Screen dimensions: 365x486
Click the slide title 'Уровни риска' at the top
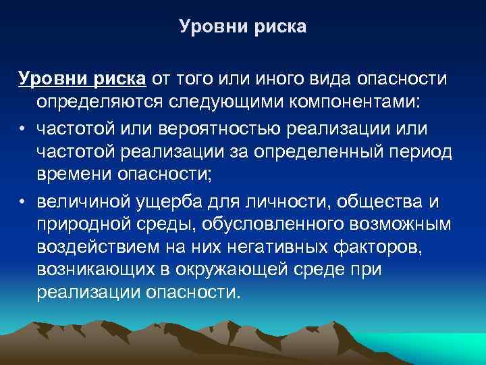(243, 27)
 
